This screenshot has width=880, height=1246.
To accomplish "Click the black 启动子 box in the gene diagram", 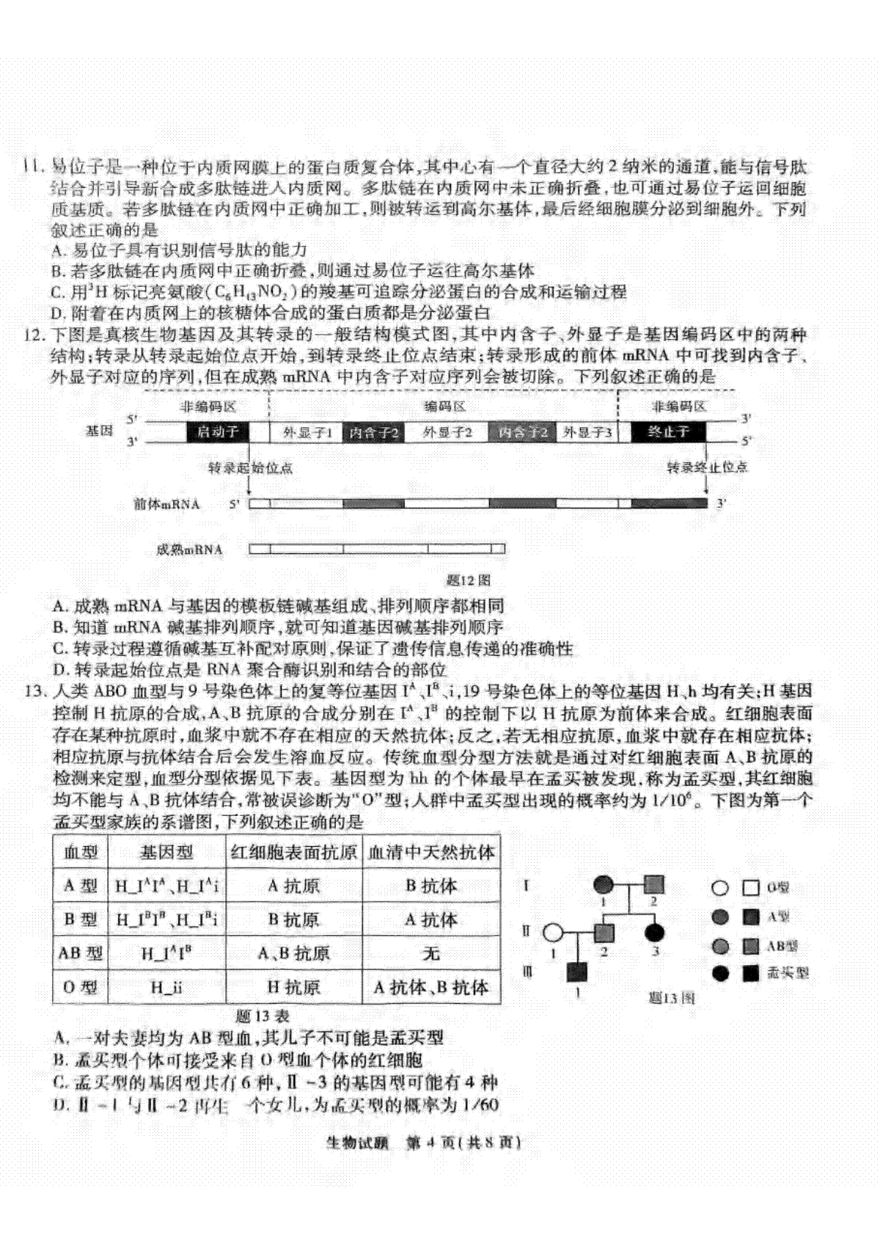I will pyautogui.click(x=218, y=431).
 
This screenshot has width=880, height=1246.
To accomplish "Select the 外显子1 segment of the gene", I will pyautogui.click(x=307, y=432).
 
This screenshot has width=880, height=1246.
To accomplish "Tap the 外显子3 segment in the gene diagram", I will pyautogui.click(x=587, y=432).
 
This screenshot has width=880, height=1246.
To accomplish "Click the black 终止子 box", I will pyautogui.click(x=668, y=431).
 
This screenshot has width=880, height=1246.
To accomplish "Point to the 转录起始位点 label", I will pyautogui.click(x=250, y=467).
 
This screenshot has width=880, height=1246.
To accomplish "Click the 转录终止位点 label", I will pyautogui.click(x=707, y=467).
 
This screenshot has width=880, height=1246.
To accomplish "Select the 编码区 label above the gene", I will pyautogui.click(x=444, y=407).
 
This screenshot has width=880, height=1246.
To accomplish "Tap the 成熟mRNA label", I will pyautogui.click(x=189, y=550).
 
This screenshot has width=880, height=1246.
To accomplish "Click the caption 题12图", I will pyautogui.click(x=469, y=580).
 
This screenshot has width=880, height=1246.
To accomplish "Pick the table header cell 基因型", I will pyautogui.click(x=166, y=852).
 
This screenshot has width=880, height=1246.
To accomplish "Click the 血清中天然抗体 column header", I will pyautogui.click(x=431, y=852).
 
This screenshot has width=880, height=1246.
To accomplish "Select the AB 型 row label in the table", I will pyautogui.click(x=81, y=953).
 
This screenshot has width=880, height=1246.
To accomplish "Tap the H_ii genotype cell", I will pyautogui.click(x=166, y=988).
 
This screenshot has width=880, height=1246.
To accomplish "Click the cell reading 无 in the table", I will pyautogui.click(x=431, y=953).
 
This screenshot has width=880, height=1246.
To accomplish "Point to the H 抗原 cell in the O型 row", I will pyautogui.click(x=293, y=988).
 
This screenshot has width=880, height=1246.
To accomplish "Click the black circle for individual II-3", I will pyautogui.click(x=654, y=933).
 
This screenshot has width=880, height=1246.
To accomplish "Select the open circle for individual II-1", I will pyautogui.click(x=553, y=933).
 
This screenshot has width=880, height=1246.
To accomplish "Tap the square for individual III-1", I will pyautogui.click(x=577, y=972).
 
